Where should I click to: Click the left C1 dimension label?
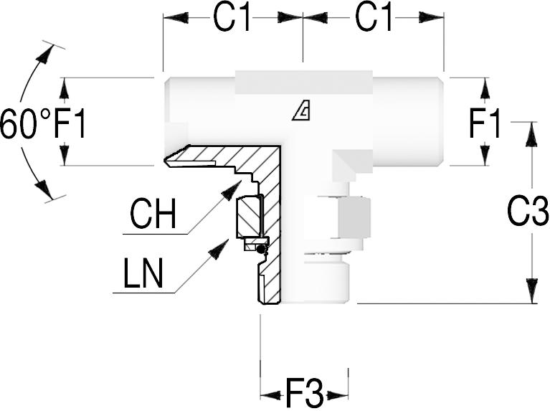click(233, 19)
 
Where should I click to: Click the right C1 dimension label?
click(374, 19)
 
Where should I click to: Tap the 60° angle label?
click(25, 123)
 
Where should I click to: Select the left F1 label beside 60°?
click(70, 123)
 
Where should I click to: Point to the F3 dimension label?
click(304, 393)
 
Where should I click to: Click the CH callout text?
click(153, 214)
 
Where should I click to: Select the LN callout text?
click(143, 275)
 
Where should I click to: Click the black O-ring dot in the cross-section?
click(262, 249)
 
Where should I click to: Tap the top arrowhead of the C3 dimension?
click(531, 133)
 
